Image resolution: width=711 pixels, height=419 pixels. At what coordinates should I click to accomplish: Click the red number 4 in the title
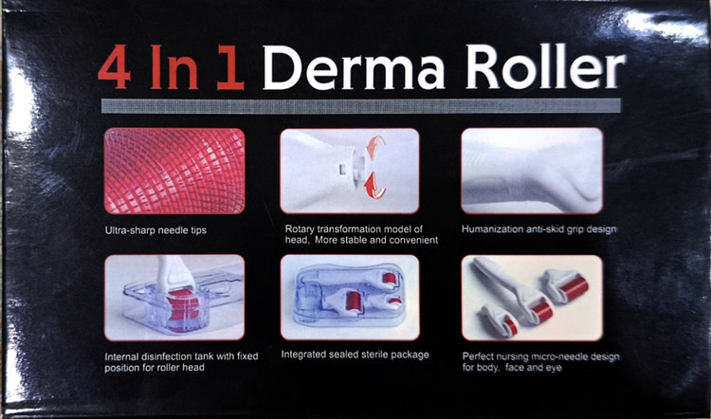pos(115,66)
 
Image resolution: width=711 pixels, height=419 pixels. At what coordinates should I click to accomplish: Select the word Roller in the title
pos(545,66)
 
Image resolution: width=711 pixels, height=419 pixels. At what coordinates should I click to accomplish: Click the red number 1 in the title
pos(230,67)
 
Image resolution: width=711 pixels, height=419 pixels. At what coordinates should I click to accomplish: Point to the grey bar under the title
pos(360,105)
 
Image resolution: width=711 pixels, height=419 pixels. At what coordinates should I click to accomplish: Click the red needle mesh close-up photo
pos(174,171)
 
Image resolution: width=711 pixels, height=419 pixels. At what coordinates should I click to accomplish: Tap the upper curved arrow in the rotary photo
pos(375,148)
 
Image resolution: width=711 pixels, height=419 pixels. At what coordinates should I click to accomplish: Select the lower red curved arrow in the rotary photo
pos(375,185)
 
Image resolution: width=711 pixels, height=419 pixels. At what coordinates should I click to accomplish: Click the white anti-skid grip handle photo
pos(532,170)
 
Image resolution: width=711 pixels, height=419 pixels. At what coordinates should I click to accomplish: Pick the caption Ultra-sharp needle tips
pos(155,230)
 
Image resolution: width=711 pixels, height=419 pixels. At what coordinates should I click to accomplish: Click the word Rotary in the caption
pos(300,229)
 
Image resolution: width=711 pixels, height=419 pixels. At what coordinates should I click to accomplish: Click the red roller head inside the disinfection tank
pos(183,308)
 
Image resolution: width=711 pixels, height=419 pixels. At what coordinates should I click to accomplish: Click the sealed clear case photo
pos(350,297)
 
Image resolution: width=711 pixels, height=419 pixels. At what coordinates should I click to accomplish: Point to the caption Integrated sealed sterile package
pos(355,355)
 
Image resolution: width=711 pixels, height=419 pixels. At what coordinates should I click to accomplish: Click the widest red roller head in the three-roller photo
pos(574,288)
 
